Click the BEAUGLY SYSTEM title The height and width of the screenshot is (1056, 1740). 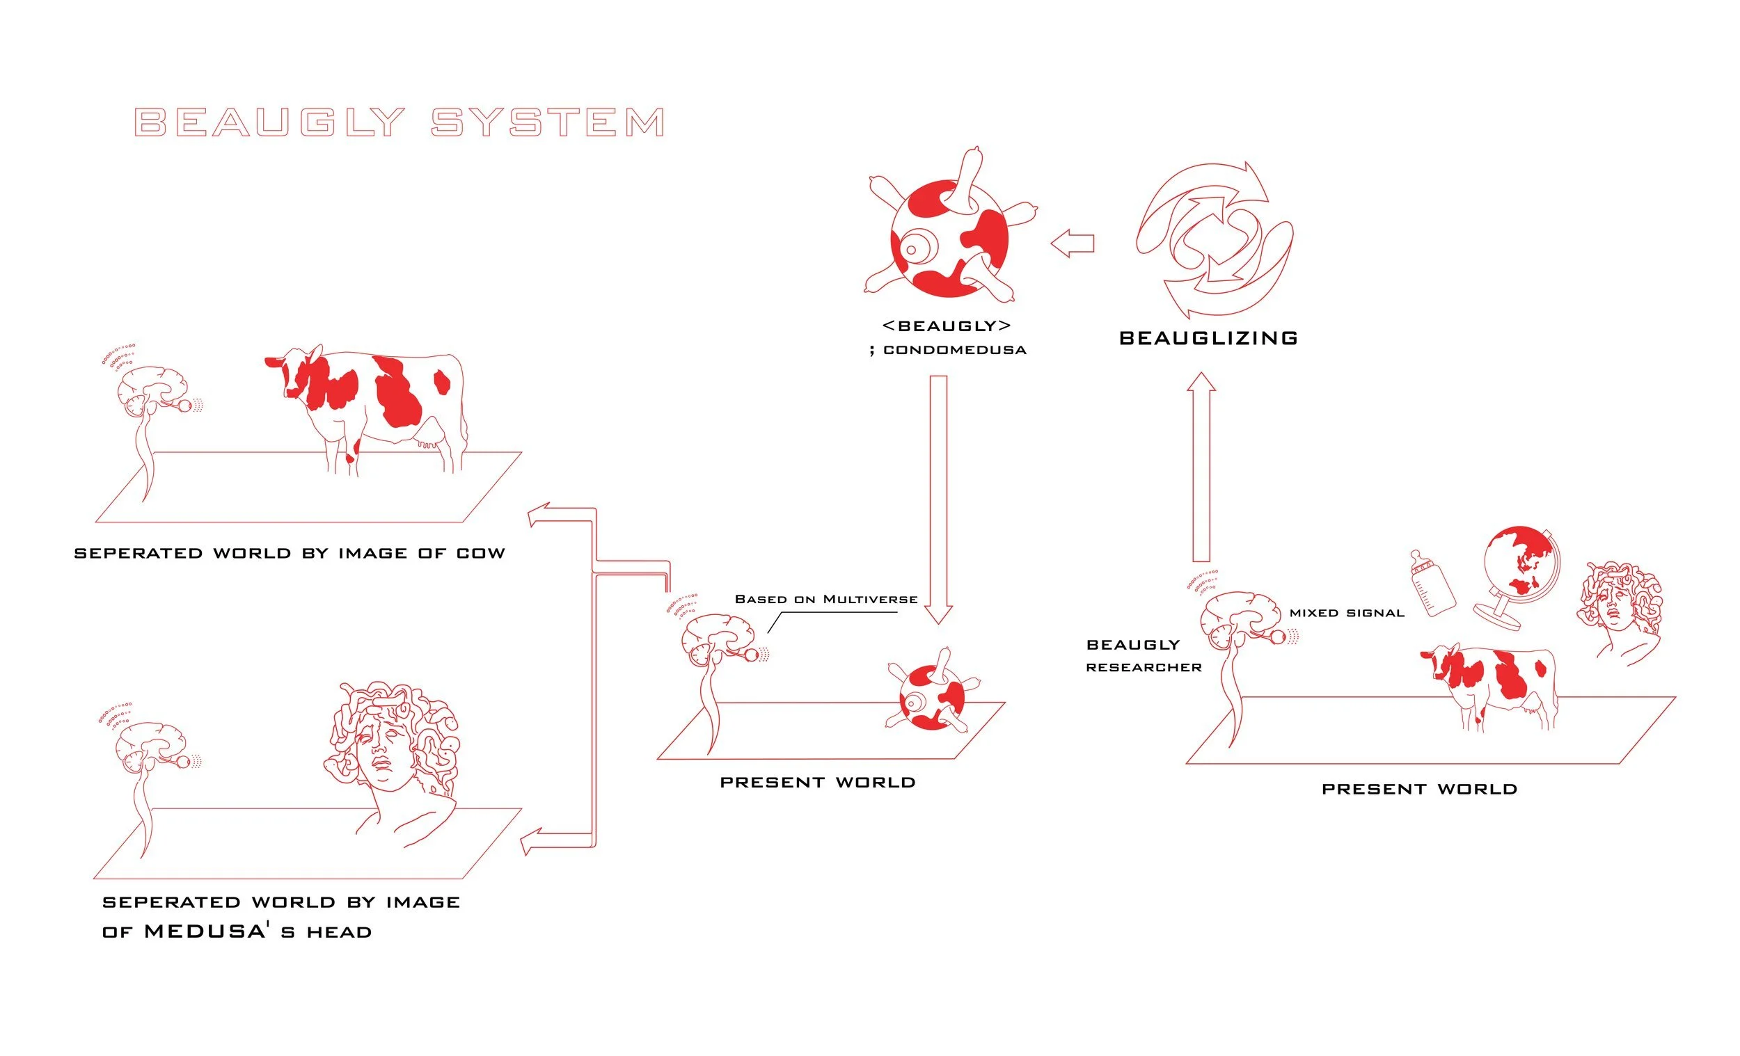pyautogui.click(x=399, y=122)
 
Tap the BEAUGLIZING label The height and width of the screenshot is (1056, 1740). pyautogui.click(x=1208, y=338)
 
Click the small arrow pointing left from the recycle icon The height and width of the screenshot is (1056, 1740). pyautogui.click(x=1072, y=243)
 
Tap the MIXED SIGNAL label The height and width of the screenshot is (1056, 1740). pyautogui.click(x=1347, y=613)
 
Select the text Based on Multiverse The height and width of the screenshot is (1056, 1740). pyautogui.click(x=826, y=599)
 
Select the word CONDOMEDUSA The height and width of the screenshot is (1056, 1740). pyautogui.click(x=955, y=350)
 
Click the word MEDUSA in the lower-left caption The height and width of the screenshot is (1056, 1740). pyautogui.click(x=205, y=931)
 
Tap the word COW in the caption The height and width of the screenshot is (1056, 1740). pyautogui.click(x=481, y=554)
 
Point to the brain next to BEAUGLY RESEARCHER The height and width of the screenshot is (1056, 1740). pyautogui.click(x=1240, y=621)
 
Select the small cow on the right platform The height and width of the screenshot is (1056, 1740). pyautogui.click(x=1490, y=681)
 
